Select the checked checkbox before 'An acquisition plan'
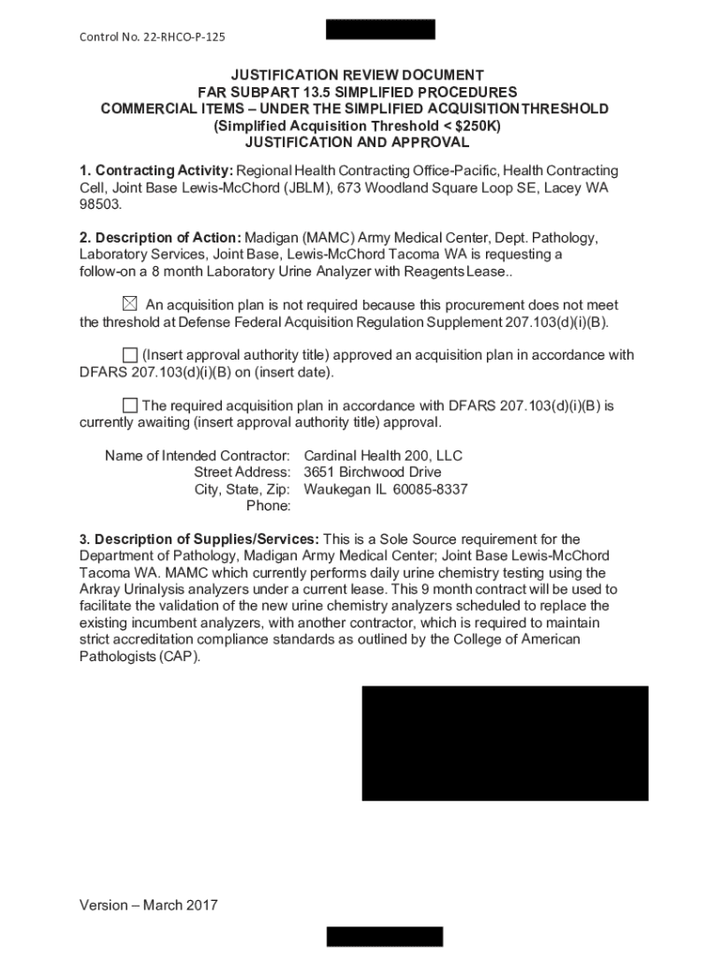(x=129, y=304)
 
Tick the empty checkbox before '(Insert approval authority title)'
(x=129, y=355)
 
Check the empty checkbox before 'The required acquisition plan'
(x=129, y=406)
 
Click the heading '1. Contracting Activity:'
(x=156, y=170)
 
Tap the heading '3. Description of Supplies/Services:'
(x=199, y=539)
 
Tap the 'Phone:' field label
(x=269, y=507)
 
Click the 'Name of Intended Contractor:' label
(x=198, y=456)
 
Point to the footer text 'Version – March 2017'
(x=149, y=906)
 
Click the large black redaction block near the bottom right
(x=505, y=743)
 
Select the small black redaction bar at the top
(x=380, y=29)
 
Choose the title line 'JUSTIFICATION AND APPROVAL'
(x=356, y=142)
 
